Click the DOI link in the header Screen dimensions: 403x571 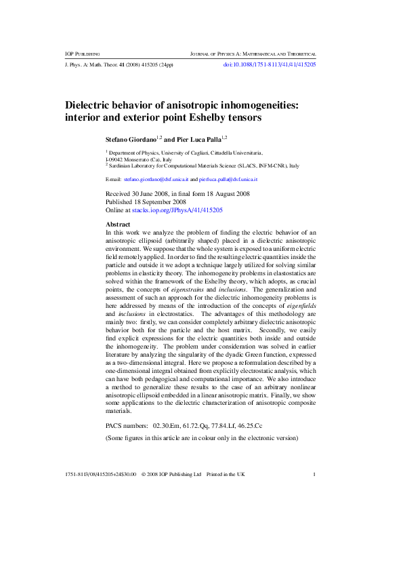[x=270, y=64]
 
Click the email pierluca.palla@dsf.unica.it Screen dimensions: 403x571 [x=228, y=179]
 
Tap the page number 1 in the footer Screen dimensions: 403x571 [x=314, y=474]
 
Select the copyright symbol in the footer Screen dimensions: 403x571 [x=144, y=474]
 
